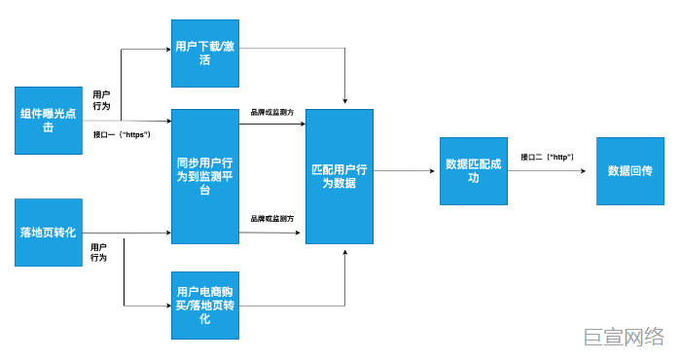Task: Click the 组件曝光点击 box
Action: [x=49, y=121]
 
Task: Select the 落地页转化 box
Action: [x=49, y=233]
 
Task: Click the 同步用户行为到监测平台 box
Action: [x=204, y=176]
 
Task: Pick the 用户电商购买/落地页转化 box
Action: [x=204, y=306]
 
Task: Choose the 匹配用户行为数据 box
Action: [x=340, y=176]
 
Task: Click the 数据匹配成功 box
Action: [x=474, y=170]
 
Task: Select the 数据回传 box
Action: [x=629, y=170]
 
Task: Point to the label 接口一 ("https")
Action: [x=122, y=134]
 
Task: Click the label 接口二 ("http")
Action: [x=547, y=157]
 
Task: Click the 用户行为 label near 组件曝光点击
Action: [x=100, y=100]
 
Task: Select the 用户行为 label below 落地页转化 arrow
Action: [x=98, y=252]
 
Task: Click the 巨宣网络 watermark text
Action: [x=624, y=337]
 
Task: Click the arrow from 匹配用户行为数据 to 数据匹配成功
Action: [x=404, y=171]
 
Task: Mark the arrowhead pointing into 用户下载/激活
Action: [x=166, y=50]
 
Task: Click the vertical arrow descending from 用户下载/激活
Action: [x=345, y=78]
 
